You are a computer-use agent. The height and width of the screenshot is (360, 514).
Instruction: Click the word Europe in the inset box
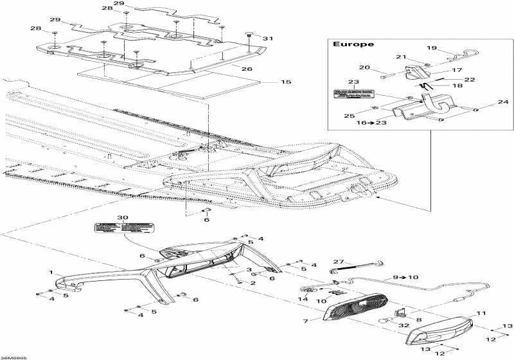pyautogui.click(x=347, y=44)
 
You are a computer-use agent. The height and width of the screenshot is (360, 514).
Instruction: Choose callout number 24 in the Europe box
pyautogui.click(x=502, y=102)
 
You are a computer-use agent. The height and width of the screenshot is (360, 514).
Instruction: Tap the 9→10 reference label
pyautogui.click(x=405, y=276)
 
